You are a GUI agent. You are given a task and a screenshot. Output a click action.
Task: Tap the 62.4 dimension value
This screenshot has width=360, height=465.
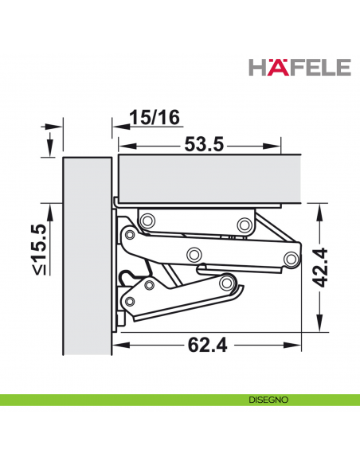click(203, 346)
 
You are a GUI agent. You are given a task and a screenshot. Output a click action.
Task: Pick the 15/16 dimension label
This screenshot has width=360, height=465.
click(156, 117)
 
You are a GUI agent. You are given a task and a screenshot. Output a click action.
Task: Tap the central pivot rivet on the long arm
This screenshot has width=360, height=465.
click(194, 254)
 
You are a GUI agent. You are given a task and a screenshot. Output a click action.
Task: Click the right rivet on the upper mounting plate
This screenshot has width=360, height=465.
click(244, 222)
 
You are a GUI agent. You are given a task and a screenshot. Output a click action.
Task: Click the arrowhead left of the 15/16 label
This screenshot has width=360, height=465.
click(115, 126)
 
